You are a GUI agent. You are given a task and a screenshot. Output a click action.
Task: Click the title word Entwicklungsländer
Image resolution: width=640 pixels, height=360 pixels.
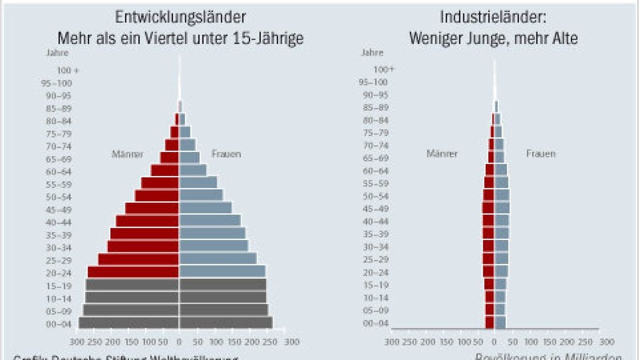181,17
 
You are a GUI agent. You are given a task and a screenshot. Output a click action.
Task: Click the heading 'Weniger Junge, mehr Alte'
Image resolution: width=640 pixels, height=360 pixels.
493,39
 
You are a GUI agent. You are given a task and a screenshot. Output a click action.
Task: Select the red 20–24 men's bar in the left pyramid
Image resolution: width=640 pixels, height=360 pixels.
133,271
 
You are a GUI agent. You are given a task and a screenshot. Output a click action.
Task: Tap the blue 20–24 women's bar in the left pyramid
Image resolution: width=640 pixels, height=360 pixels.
222,271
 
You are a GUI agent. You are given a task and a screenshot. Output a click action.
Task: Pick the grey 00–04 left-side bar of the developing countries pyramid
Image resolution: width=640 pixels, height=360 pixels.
129,323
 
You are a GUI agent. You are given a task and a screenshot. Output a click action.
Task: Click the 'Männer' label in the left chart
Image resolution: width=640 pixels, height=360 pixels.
127,154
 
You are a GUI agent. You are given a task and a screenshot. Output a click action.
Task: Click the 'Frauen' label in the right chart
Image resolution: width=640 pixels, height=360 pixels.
541,154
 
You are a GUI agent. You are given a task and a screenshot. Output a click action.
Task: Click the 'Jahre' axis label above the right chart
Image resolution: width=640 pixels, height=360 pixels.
372,52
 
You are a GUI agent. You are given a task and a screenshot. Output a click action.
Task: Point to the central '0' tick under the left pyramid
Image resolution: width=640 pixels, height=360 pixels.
179,341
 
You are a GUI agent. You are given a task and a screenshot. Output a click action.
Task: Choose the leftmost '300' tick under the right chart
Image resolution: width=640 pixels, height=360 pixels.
392,341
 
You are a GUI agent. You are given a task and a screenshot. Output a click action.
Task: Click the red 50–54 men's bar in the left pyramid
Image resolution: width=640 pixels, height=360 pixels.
157,195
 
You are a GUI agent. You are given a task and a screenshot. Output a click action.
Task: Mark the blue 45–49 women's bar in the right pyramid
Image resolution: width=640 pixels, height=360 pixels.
502,208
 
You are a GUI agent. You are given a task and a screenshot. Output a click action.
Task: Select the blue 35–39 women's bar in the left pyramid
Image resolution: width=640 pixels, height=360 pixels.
212,233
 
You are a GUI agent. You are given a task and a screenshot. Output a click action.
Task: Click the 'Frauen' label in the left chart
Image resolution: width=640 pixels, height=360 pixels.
226,154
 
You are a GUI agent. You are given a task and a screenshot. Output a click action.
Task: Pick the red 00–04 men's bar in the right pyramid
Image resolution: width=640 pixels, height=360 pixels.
490,322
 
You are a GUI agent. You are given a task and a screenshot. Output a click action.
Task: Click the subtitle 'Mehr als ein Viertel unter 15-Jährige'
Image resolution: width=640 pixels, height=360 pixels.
181,39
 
